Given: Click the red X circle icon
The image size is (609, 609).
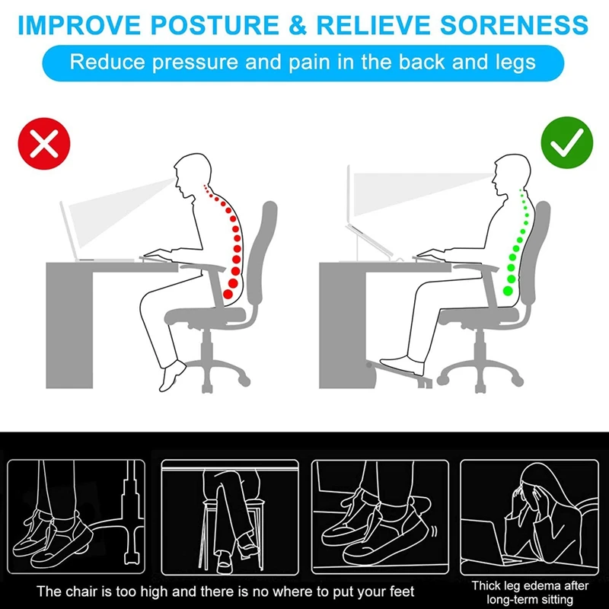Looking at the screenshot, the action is click(44, 143).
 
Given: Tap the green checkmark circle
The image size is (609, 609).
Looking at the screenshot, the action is click(566, 142).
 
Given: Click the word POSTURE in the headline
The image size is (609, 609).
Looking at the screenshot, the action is click(215, 25).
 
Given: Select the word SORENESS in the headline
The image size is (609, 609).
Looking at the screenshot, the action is click(514, 25).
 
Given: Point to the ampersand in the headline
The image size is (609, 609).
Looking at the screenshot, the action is click(298, 25).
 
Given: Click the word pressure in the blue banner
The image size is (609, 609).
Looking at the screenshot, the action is click(195, 63).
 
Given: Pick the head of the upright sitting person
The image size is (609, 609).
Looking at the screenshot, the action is click(512, 175).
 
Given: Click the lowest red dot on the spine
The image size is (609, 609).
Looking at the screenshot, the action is click(228, 294).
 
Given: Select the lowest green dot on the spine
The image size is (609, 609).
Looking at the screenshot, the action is click(508, 290).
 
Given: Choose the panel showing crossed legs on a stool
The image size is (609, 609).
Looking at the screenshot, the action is click(230, 517).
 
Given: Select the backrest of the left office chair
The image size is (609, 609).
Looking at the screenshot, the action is click(262, 253).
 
